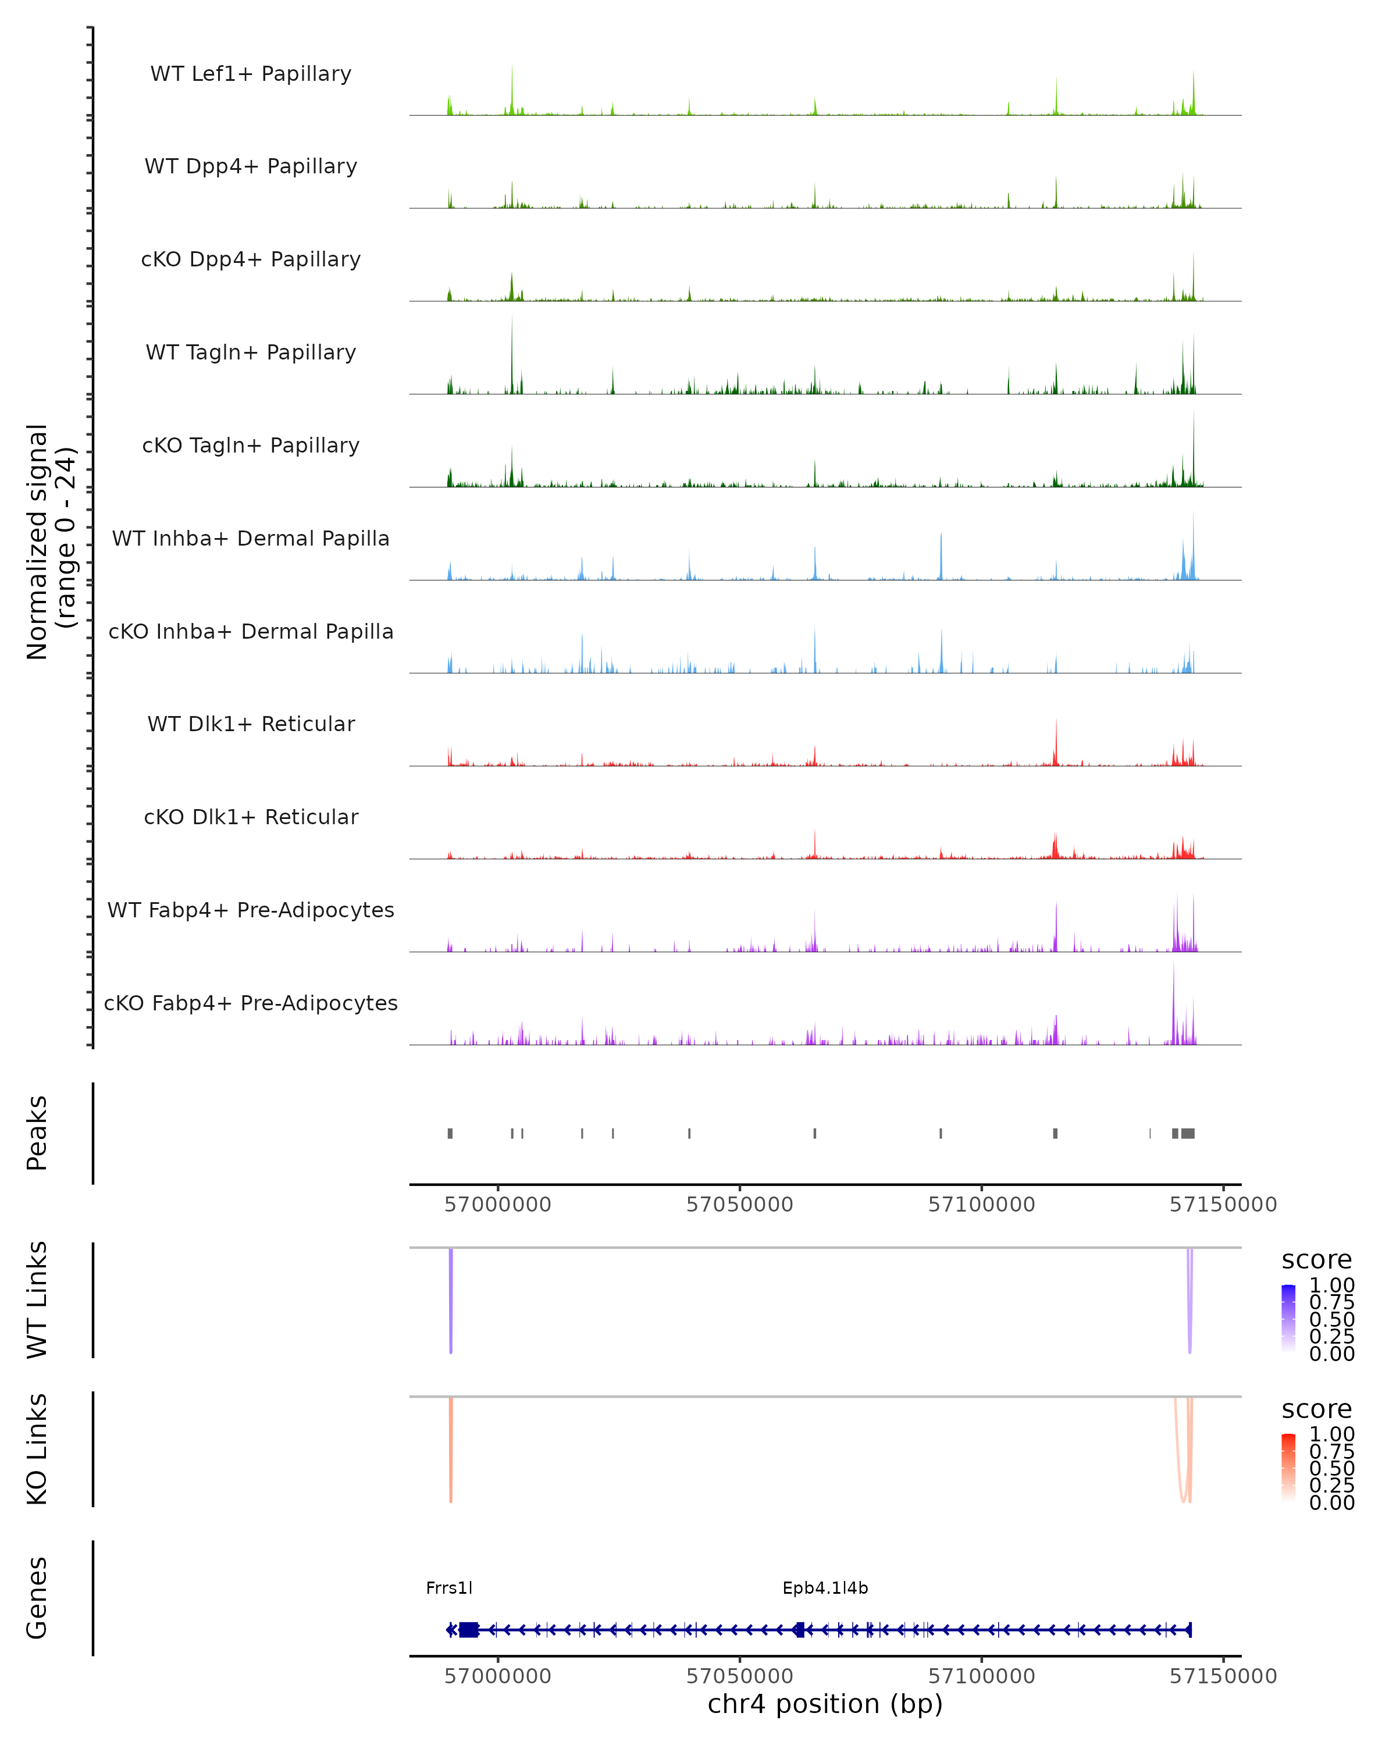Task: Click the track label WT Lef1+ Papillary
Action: [x=251, y=74]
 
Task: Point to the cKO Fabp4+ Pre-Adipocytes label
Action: [x=251, y=1003]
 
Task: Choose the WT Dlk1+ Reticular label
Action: [x=251, y=724]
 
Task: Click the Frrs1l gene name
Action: [x=449, y=1588]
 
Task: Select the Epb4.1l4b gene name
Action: [x=825, y=1588]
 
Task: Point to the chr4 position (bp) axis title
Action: [x=825, y=1704]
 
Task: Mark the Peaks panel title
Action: [x=37, y=1133]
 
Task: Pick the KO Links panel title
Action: [x=37, y=1449]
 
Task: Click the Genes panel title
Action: [x=37, y=1598]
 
